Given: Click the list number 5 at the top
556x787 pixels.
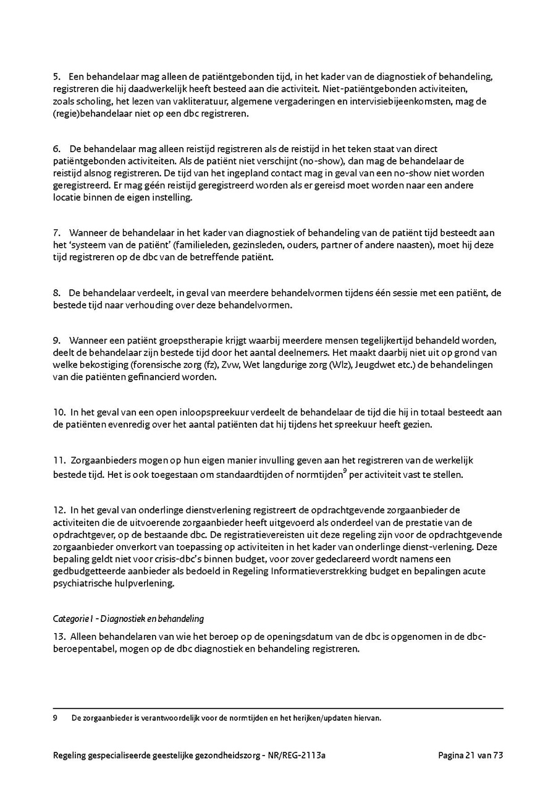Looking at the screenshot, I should [56, 77].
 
